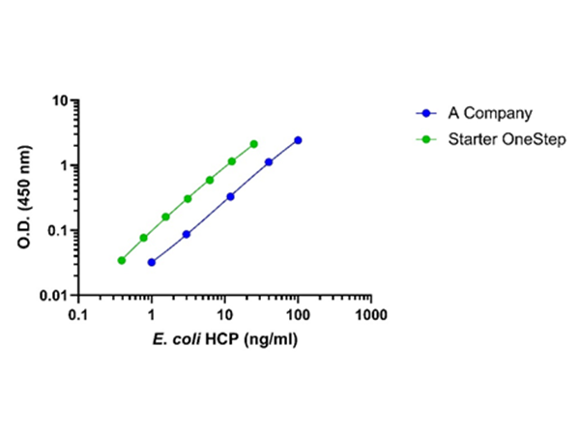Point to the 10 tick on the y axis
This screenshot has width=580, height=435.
[x=65, y=101]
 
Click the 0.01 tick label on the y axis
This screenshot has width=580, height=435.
[x=58, y=295]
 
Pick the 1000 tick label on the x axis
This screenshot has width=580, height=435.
[x=371, y=316]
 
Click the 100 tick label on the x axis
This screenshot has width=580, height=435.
[x=298, y=316]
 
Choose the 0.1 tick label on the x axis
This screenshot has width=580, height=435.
[x=78, y=316]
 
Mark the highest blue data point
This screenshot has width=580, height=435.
[x=298, y=140]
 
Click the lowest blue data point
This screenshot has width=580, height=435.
[x=152, y=262]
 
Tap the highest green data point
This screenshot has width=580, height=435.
[x=254, y=144]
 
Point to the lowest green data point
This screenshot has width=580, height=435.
[x=122, y=260]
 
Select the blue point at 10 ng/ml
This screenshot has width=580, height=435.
[x=231, y=196]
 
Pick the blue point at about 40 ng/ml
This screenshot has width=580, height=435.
[x=269, y=162]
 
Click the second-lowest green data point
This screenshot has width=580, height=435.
[x=144, y=238]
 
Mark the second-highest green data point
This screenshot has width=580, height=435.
[x=232, y=161]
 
